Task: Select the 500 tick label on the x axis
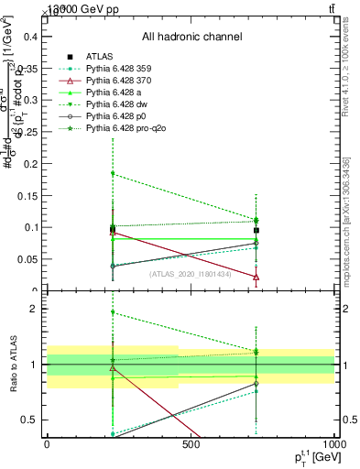[191, 445]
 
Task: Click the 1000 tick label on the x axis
[333, 445]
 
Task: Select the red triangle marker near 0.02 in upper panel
[256, 277]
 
